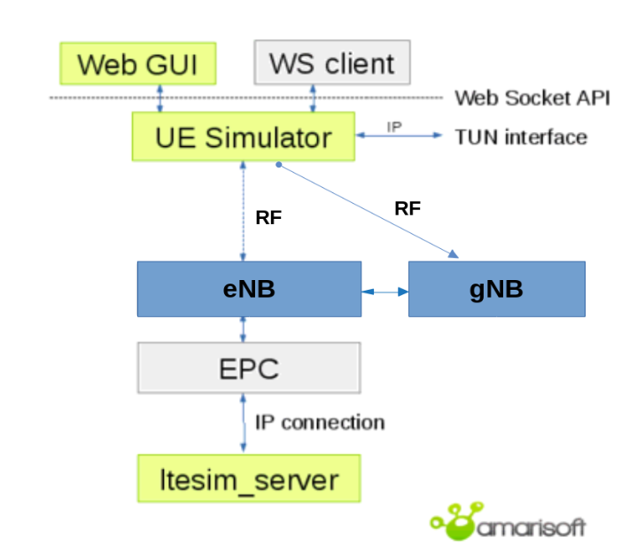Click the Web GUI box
click(138, 64)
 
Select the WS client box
click(332, 62)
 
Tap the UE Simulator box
click(244, 136)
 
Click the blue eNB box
click(249, 289)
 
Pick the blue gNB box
click(497, 289)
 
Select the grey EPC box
click(249, 368)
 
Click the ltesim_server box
click(249, 479)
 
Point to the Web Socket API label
click(532, 97)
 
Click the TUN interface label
click(521, 137)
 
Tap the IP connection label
click(320, 423)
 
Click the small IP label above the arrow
click(394, 127)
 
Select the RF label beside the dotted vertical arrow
click(268, 217)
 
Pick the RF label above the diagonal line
click(408, 208)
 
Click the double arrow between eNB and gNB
click(385, 292)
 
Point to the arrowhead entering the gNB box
click(454, 253)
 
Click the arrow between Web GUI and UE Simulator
click(160, 98)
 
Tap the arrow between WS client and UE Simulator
click(314, 98)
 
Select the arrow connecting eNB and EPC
click(243, 330)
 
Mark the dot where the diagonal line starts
click(279, 165)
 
